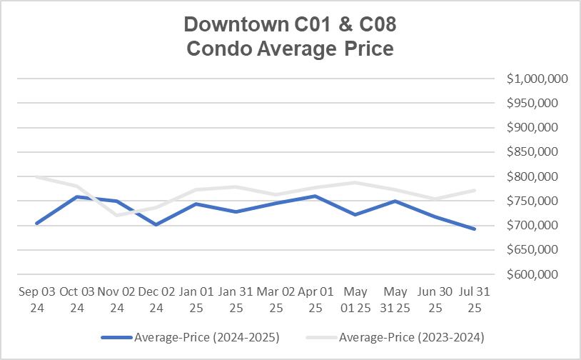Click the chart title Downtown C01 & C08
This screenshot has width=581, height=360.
click(289, 24)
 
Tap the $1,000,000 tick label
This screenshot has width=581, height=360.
click(537, 79)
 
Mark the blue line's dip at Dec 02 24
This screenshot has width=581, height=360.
click(156, 224)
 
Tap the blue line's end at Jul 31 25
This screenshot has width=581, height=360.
click(474, 229)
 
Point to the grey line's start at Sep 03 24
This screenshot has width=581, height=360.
click(36, 177)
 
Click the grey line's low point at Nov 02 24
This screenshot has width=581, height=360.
click(116, 214)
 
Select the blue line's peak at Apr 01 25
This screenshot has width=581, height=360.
click(315, 196)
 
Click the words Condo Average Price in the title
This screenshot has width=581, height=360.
click(289, 49)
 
